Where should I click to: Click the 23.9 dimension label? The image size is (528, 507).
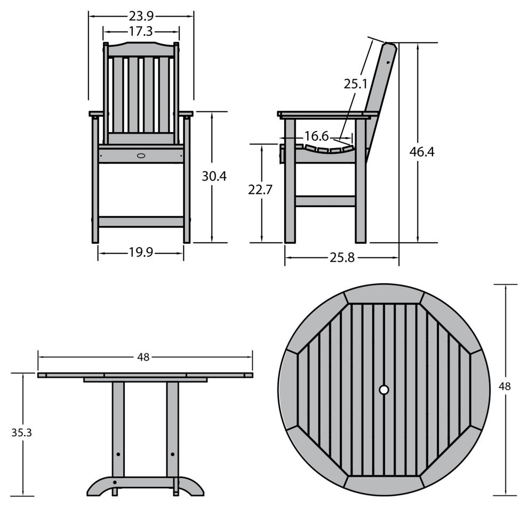[x=141, y=15]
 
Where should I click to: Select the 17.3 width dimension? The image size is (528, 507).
[x=141, y=31]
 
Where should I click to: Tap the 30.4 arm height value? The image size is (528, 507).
[x=214, y=176]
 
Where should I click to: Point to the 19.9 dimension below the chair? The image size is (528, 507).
[x=141, y=252]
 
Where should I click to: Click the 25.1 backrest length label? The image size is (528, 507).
[x=356, y=84]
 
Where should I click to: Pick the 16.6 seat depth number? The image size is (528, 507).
[x=316, y=136]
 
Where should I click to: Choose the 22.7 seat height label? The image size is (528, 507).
[x=260, y=190]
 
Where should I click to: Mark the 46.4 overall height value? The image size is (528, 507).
[x=422, y=152]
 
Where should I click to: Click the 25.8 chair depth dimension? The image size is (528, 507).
[x=342, y=258]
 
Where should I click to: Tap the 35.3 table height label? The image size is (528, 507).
[x=21, y=432]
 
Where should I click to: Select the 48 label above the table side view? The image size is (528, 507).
[x=143, y=357]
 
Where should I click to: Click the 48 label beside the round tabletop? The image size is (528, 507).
[x=505, y=386]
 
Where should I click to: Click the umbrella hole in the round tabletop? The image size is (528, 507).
[x=383, y=390]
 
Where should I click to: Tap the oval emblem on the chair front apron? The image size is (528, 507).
[x=141, y=156]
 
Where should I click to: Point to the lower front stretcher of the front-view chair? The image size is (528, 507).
[x=141, y=222]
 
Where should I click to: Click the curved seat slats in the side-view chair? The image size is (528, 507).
[x=325, y=149]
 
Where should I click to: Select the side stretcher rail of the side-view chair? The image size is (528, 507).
[x=325, y=201]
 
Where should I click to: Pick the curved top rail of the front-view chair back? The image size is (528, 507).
[x=141, y=50]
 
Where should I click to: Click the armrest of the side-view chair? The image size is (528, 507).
[x=327, y=115]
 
